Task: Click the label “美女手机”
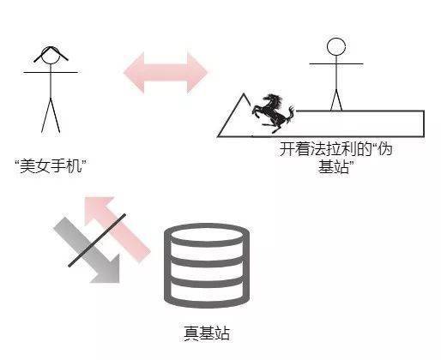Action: point(51,166)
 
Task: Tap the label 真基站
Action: point(207,333)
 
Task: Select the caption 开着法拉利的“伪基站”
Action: point(335,158)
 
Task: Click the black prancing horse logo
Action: point(273,113)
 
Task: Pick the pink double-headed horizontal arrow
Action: point(166,72)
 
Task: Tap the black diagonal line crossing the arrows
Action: point(97,240)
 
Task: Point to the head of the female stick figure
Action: point(51,56)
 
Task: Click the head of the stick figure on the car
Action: point(336,46)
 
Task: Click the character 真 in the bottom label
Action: point(191,333)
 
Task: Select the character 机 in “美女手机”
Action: point(75,166)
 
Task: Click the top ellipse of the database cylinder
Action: point(207,235)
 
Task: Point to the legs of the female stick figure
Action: point(51,116)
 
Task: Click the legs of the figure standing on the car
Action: point(336,100)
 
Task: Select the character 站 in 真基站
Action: point(222,333)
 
